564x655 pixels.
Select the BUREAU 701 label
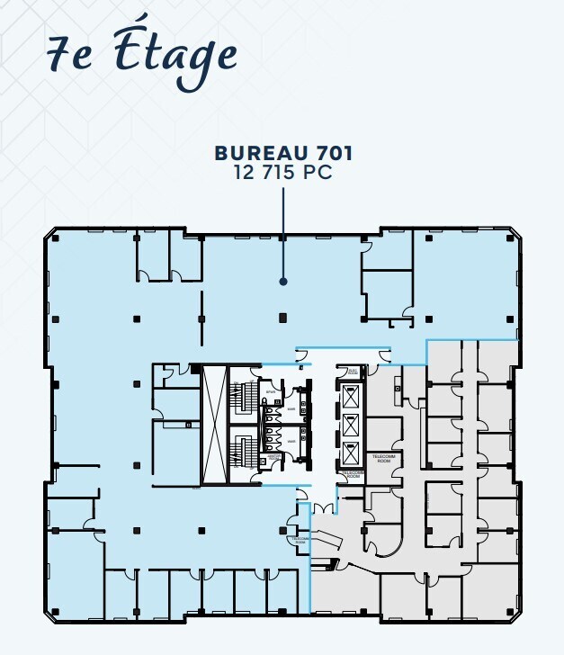(x=283, y=154)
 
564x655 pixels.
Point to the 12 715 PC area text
(x=283, y=173)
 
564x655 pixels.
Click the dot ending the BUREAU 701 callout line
(x=283, y=282)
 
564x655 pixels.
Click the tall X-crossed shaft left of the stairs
(x=213, y=423)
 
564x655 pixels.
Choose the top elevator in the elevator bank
(x=351, y=394)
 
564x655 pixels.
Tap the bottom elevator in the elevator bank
(x=351, y=451)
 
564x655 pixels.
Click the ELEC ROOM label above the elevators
(x=353, y=371)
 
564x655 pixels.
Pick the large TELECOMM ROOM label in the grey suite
(x=383, y=457)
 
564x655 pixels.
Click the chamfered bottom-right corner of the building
(x=515, y=615)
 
